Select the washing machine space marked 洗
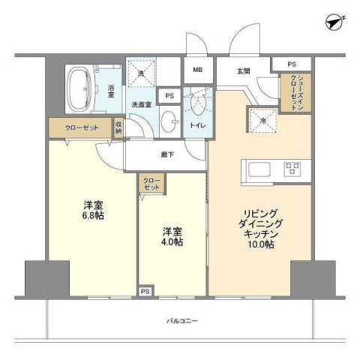coord(140,73)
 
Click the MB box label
coord(198,70)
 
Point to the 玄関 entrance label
coord(244,71)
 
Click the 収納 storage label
coord(118,127)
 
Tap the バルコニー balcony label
coord(181,322)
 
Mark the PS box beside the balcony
coord(145,290)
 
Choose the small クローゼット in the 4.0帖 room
coord(151,184)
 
